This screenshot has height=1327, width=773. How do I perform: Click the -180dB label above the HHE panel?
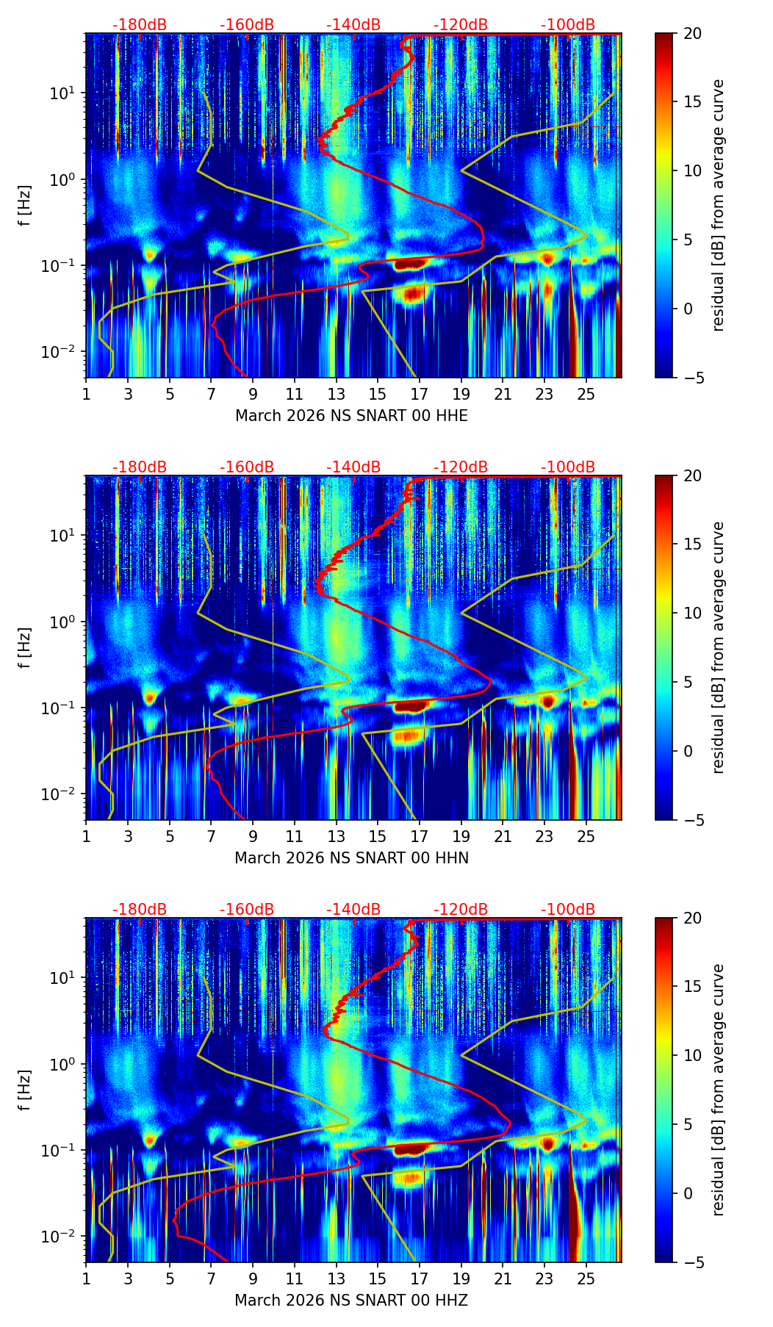coord(140,25)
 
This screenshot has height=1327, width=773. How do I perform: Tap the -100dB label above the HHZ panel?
coord(568,910)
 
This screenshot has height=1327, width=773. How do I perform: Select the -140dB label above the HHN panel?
coord(353,467)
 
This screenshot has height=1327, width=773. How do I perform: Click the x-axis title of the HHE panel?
coord(351,416)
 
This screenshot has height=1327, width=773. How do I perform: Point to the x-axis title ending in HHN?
coord(351,858)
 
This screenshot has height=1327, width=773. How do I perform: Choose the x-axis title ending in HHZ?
coord(351,1301)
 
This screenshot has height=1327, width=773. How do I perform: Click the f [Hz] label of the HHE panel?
coord(25,205)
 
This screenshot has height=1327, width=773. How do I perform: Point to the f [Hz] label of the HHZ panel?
coord(25,1090)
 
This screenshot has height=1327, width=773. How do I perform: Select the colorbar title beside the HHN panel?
coord(719,647)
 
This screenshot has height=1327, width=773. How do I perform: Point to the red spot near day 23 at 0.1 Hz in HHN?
coord(547,700)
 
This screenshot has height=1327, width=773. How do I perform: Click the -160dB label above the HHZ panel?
coord(247,910)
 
